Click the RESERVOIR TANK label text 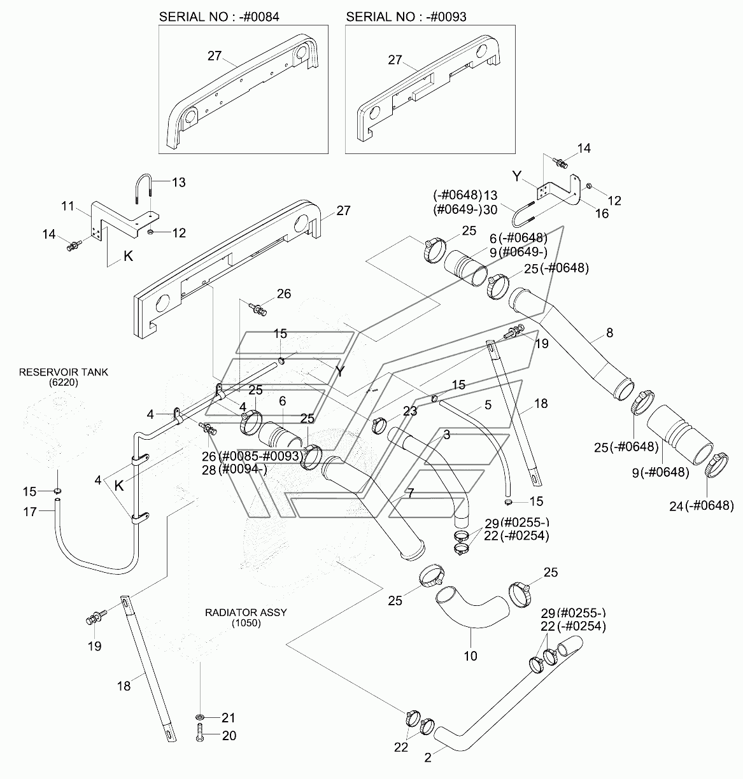pos(64,372)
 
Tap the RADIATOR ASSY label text pos(246,612)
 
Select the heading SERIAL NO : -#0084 pos(219,17)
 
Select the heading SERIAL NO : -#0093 pos(406,17)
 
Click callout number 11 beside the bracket pos(67,206)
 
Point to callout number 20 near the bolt pos(229,736)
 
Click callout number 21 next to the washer pos(229,717)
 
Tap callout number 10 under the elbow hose pos(471,656)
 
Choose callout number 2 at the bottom pos(428,757)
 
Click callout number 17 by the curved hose pos(30,512)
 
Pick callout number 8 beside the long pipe pos(609,332)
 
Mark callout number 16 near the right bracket pos(602,214)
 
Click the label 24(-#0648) pos(702,506)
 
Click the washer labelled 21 pos(200,717)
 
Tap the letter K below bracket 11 pos(128,256)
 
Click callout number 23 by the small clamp pos(410,411)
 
